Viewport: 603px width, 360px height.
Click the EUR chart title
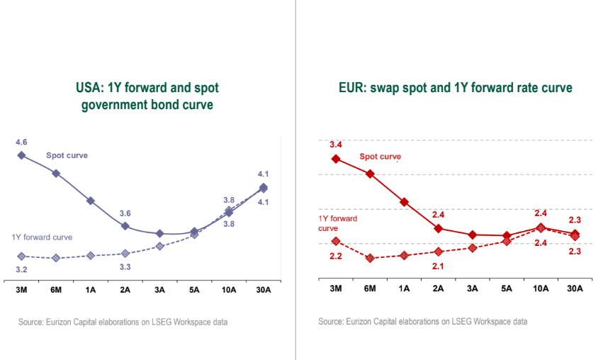(455, 88)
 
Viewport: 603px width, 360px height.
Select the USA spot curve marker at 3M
(21, 155)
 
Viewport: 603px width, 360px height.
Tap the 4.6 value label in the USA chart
(21, 142)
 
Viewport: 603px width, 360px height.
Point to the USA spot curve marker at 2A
(125, 226)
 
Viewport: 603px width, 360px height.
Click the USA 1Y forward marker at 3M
(21, 256)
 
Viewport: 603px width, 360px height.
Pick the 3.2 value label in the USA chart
(21, 270)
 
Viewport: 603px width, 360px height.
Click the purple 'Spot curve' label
(67, 154)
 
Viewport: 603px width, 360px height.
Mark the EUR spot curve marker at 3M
(336, 159)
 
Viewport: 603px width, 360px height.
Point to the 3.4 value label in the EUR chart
(336, 145)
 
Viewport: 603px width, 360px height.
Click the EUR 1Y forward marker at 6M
(370, 258)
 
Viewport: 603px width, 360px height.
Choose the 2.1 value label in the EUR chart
(438, 266)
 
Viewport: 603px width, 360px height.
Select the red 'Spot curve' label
(381, 157)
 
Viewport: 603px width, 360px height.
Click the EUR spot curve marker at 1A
(404, 202)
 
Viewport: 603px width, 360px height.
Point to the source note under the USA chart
(123, 322)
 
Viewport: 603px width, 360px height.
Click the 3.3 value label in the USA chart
(125, 267)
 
